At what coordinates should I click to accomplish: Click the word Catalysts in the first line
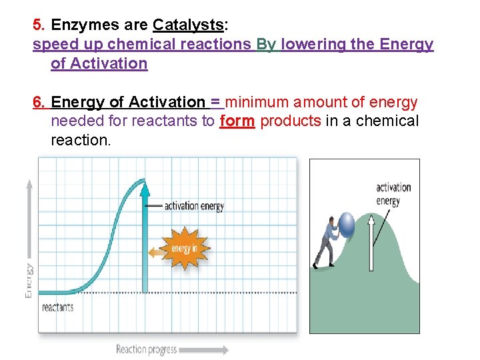click(x=187, y=25)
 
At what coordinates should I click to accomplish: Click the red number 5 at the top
click(x=38, y=25)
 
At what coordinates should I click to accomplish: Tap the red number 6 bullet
click(x=39, y=102)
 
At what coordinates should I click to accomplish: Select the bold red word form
click(x=237, y=121)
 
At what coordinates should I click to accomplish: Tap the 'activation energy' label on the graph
click(x=193, y=206)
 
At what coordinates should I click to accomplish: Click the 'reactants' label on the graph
click(x=58, y=307)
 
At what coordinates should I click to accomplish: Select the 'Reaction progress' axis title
click(x=147, y=349)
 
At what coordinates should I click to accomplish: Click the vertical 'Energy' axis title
click(x=29, y=280)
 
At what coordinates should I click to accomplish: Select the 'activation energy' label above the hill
click(x=393, y=193)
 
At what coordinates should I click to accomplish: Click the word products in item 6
click(x=291, y=121)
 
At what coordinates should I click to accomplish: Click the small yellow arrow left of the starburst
click(x=157, y=252)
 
